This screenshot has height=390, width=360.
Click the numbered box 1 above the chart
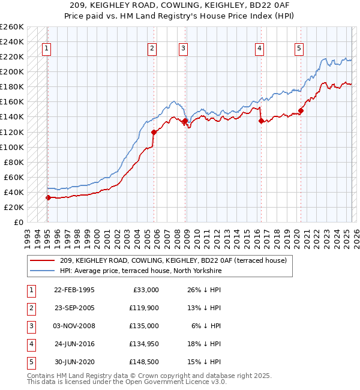pyautogui.click(x=47, y=49)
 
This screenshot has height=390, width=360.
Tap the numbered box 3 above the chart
pyautogui.click(x=184, y=49)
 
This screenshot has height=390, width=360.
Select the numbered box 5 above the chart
pyautogui.click(x=299, y=49)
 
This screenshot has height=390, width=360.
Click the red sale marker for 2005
pyautogui.click(x=154, y=132)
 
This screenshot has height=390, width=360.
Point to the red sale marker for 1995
pyautogui.click(x=48, y=197)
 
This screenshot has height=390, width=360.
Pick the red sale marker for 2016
pyautogui.click(x=261, y=121)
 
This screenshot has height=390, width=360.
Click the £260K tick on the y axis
pyautogui.click(x=11, y=27)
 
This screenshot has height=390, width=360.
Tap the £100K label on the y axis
pyautogui.click(x=11, y=147)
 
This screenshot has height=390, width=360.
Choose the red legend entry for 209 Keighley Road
pyautogui.click(x=173, y=260)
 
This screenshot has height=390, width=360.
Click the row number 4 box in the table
pyautogui.click(x=29, y=344)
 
